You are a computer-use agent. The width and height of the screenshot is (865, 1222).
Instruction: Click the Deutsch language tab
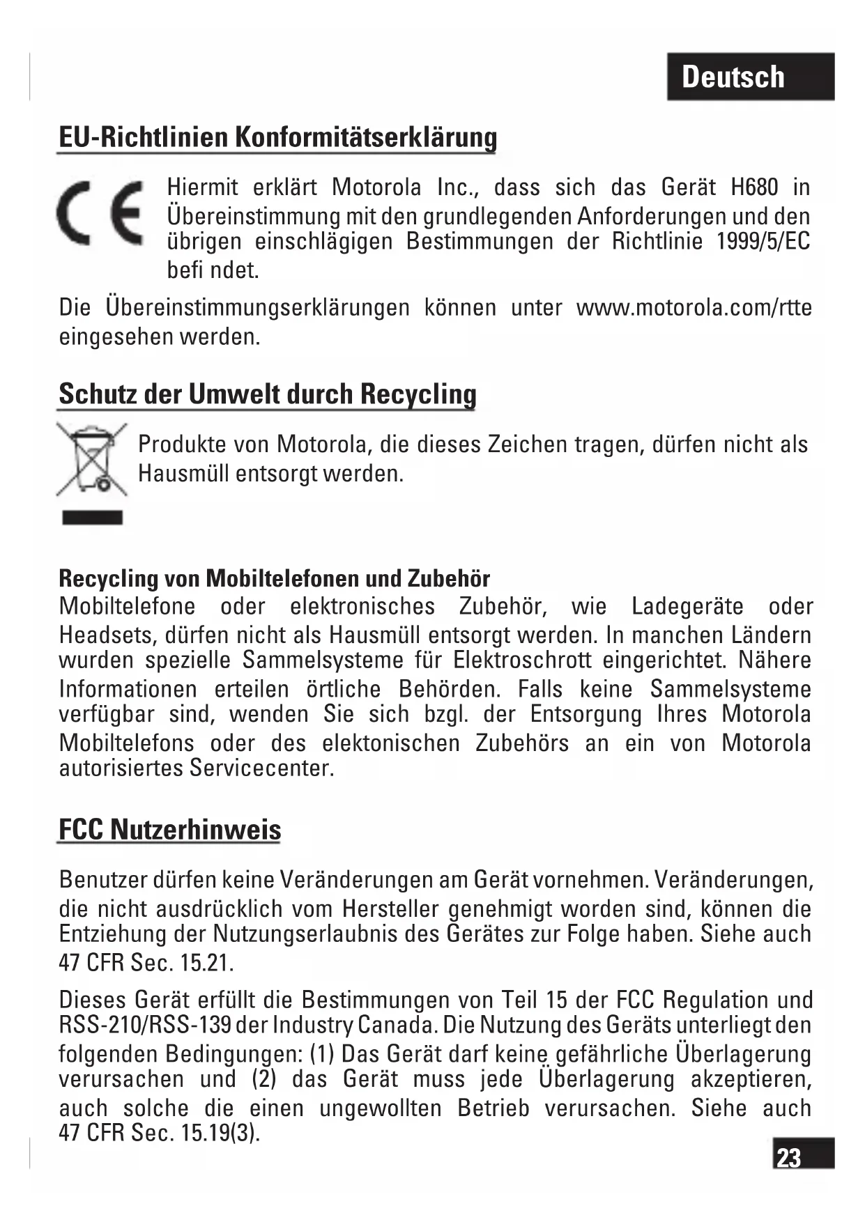pyautogui.click(x=750, y=77)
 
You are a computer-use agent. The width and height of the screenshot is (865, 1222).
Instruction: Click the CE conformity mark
pyautogui.click(x=100, y=212)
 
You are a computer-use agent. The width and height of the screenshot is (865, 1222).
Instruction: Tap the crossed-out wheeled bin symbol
pyautogui.click(x=92, y=459)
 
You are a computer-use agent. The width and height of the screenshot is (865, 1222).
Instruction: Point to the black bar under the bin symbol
pyautogui.click(x=92, y=518)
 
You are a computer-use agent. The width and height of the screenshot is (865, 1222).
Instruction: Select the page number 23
pyautogui.click(x=789, y=1158)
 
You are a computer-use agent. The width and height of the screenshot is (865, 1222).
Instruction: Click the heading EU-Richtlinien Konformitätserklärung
pyautogui.click(x=277, y=137)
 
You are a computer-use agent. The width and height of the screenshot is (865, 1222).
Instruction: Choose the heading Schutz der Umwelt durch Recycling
pyautogui.click(x=268, y=394)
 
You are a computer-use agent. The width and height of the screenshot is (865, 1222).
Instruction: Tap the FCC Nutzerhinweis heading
pyautogui.click(x=170, y=830)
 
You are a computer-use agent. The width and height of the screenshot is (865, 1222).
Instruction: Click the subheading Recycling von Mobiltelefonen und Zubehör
pyautogui.click(x=275, y=578)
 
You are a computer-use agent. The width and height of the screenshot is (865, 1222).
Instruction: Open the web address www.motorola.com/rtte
pyautogui.click(x=694, y=307)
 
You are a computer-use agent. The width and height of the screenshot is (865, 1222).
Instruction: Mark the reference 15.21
pyautogui.click(x=206, y=963)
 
